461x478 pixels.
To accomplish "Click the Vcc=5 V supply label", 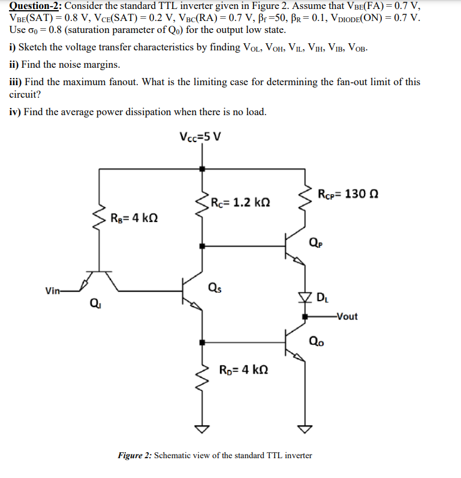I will point(200,136).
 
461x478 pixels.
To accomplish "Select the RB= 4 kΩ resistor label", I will point(135,217).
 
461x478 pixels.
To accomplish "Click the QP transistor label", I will point(314,243).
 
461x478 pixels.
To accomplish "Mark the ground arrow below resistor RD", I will point(202,429).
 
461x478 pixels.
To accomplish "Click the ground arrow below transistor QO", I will point(306,429).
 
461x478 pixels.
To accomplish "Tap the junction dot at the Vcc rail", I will point(202,170).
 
